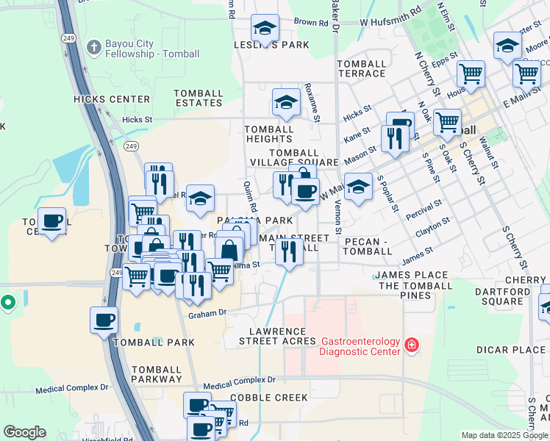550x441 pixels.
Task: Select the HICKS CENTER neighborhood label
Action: tap(112, 99)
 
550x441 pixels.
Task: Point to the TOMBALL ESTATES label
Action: tap(199, 98)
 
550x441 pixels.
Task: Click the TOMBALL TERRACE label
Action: tap(361, 68)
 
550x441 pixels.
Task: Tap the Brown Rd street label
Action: tap(305, 22)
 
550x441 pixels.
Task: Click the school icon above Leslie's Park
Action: tap(265, 28)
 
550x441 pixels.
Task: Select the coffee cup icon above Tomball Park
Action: tap(104, 320)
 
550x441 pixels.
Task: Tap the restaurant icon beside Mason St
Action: tap(395, 137)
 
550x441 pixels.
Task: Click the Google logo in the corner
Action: tap(24, 432)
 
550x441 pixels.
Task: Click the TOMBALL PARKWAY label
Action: tap(157, 374)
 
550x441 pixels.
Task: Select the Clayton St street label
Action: tap(432, 225)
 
